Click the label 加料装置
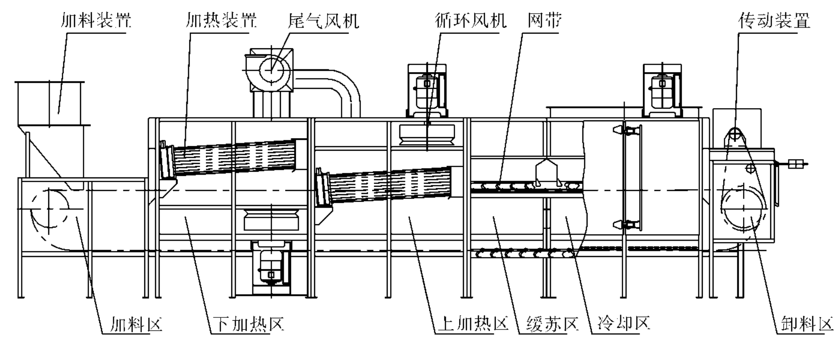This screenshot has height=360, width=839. tap(96, 21)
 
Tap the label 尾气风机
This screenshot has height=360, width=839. tap(324, 21)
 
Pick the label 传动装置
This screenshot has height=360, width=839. tap(774, 21)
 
